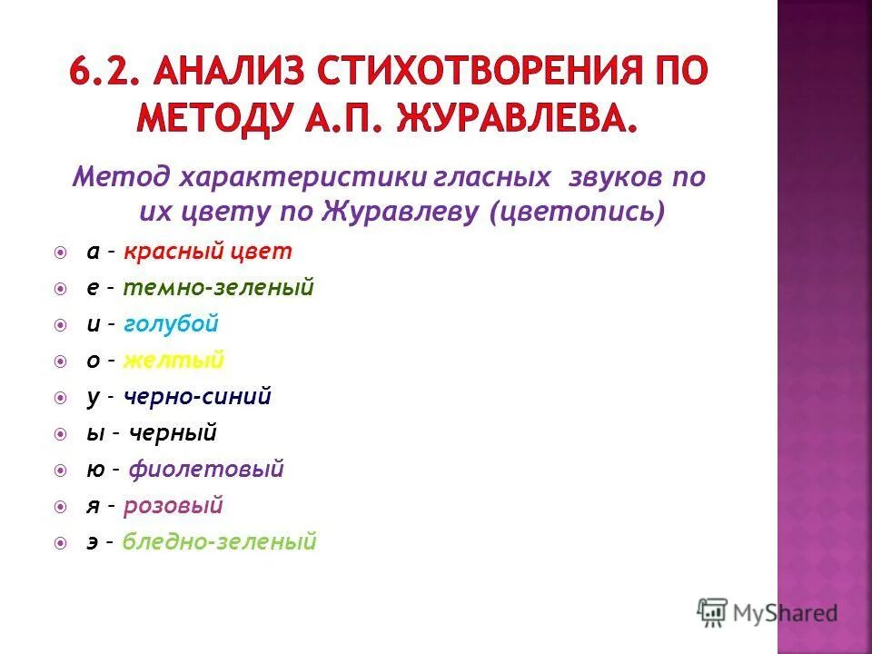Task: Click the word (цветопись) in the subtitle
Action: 577,213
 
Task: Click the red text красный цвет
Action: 208,252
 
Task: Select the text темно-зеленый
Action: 218,288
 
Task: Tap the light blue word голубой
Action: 171,324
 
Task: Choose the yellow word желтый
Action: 173,361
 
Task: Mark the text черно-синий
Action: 198,397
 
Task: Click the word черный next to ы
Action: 173,433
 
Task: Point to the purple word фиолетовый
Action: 206,470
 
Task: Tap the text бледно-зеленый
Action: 219,542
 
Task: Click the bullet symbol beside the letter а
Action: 60,253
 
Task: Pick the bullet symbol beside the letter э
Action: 60,543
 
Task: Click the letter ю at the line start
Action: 93,471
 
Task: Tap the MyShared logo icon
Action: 712,612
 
